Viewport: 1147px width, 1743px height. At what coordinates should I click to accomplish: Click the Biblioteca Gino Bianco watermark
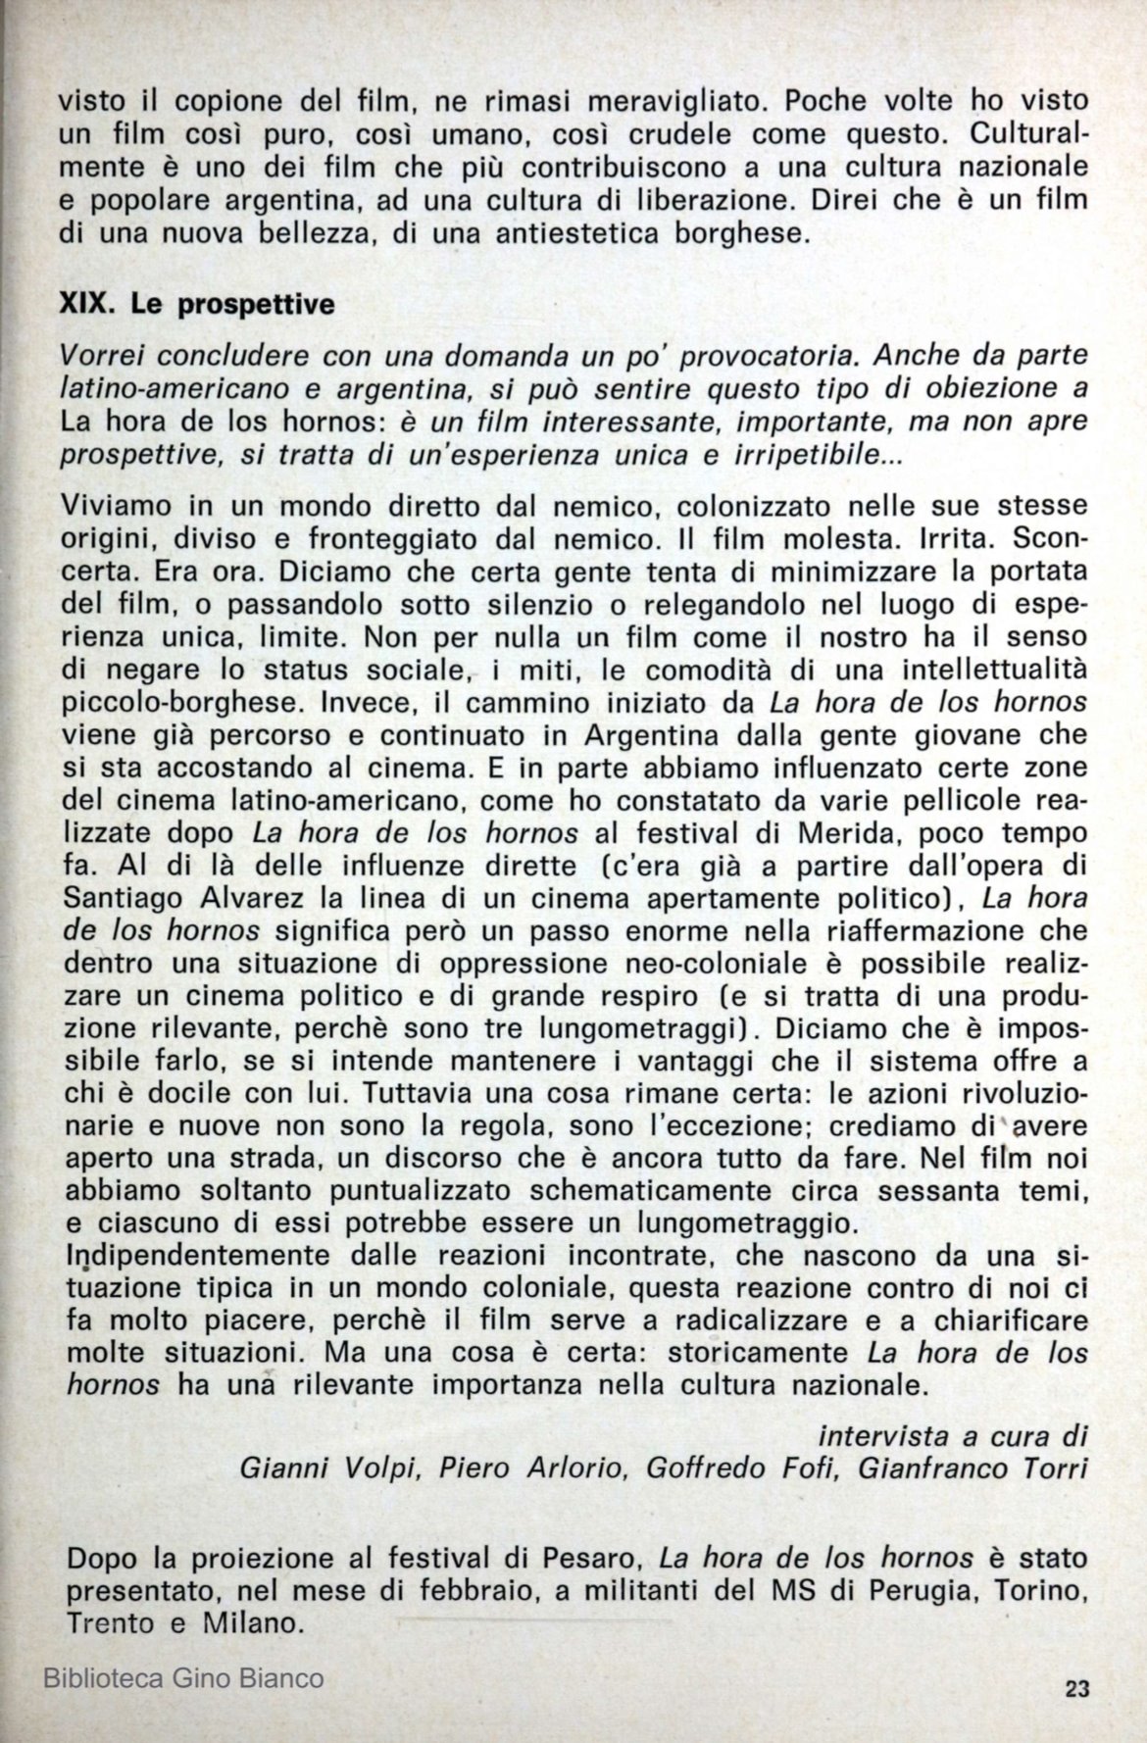pyautogui.click(x=184, y=1678)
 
